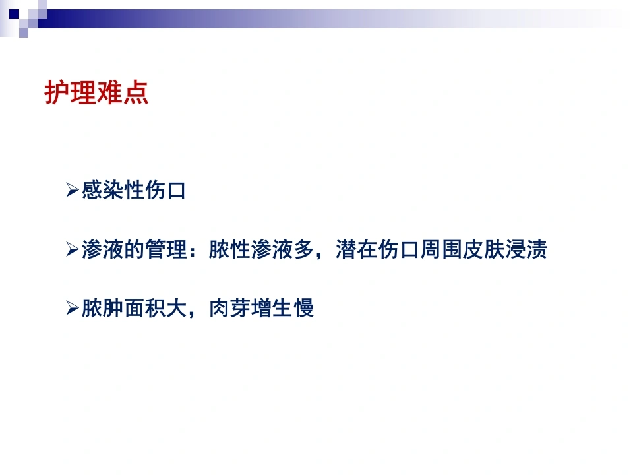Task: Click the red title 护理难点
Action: (96, 92)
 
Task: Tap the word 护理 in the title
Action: (70, 92)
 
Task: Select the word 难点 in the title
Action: (123, 92)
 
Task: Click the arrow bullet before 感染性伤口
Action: (73, 190)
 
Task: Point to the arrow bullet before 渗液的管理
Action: (73, 249)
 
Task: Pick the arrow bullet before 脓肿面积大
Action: (73, 308)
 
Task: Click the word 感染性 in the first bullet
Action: (113, 190)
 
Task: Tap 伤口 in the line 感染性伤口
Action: (166, 190)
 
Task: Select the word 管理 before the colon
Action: (166, 249)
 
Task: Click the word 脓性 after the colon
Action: (229, 249)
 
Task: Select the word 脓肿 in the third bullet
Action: (103, 308)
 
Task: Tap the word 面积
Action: (145, 308)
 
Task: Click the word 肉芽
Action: (229, 308)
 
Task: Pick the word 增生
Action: (272, 308)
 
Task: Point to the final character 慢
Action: (303, 308)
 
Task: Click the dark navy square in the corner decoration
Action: (14, 14)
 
